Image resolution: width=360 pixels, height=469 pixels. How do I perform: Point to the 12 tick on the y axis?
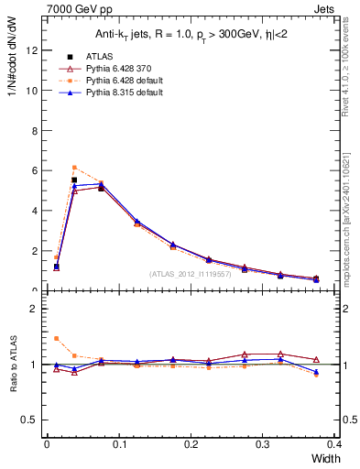(x=34, y=50)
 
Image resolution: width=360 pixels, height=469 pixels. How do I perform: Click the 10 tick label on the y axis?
(x=34, y=91)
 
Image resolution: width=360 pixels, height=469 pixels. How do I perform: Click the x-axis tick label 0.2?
(x=191, y=444)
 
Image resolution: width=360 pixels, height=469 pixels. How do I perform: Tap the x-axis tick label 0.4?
(x=334, y=444)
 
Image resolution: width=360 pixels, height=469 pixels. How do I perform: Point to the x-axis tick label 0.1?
(x=118, y=444)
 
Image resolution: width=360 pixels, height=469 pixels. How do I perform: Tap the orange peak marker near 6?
(x=74, y=167)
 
